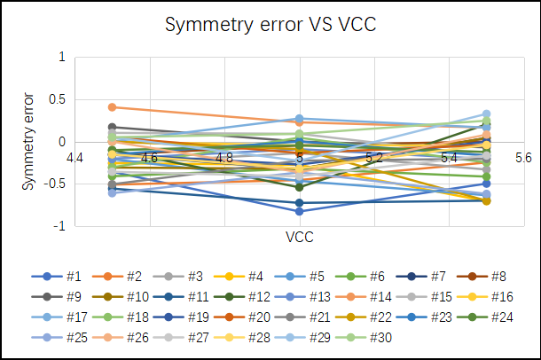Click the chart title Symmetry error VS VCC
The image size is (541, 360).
point(270,26)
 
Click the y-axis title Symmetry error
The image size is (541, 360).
point(28,142)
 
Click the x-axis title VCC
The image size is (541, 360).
point(299,237)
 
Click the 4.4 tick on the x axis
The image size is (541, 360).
point(74,158)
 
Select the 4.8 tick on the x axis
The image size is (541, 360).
point(224,158)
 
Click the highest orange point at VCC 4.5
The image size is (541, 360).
point(112,107)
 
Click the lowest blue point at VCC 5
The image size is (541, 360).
point(300,211)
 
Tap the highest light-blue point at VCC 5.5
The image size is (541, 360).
point(487,114)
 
